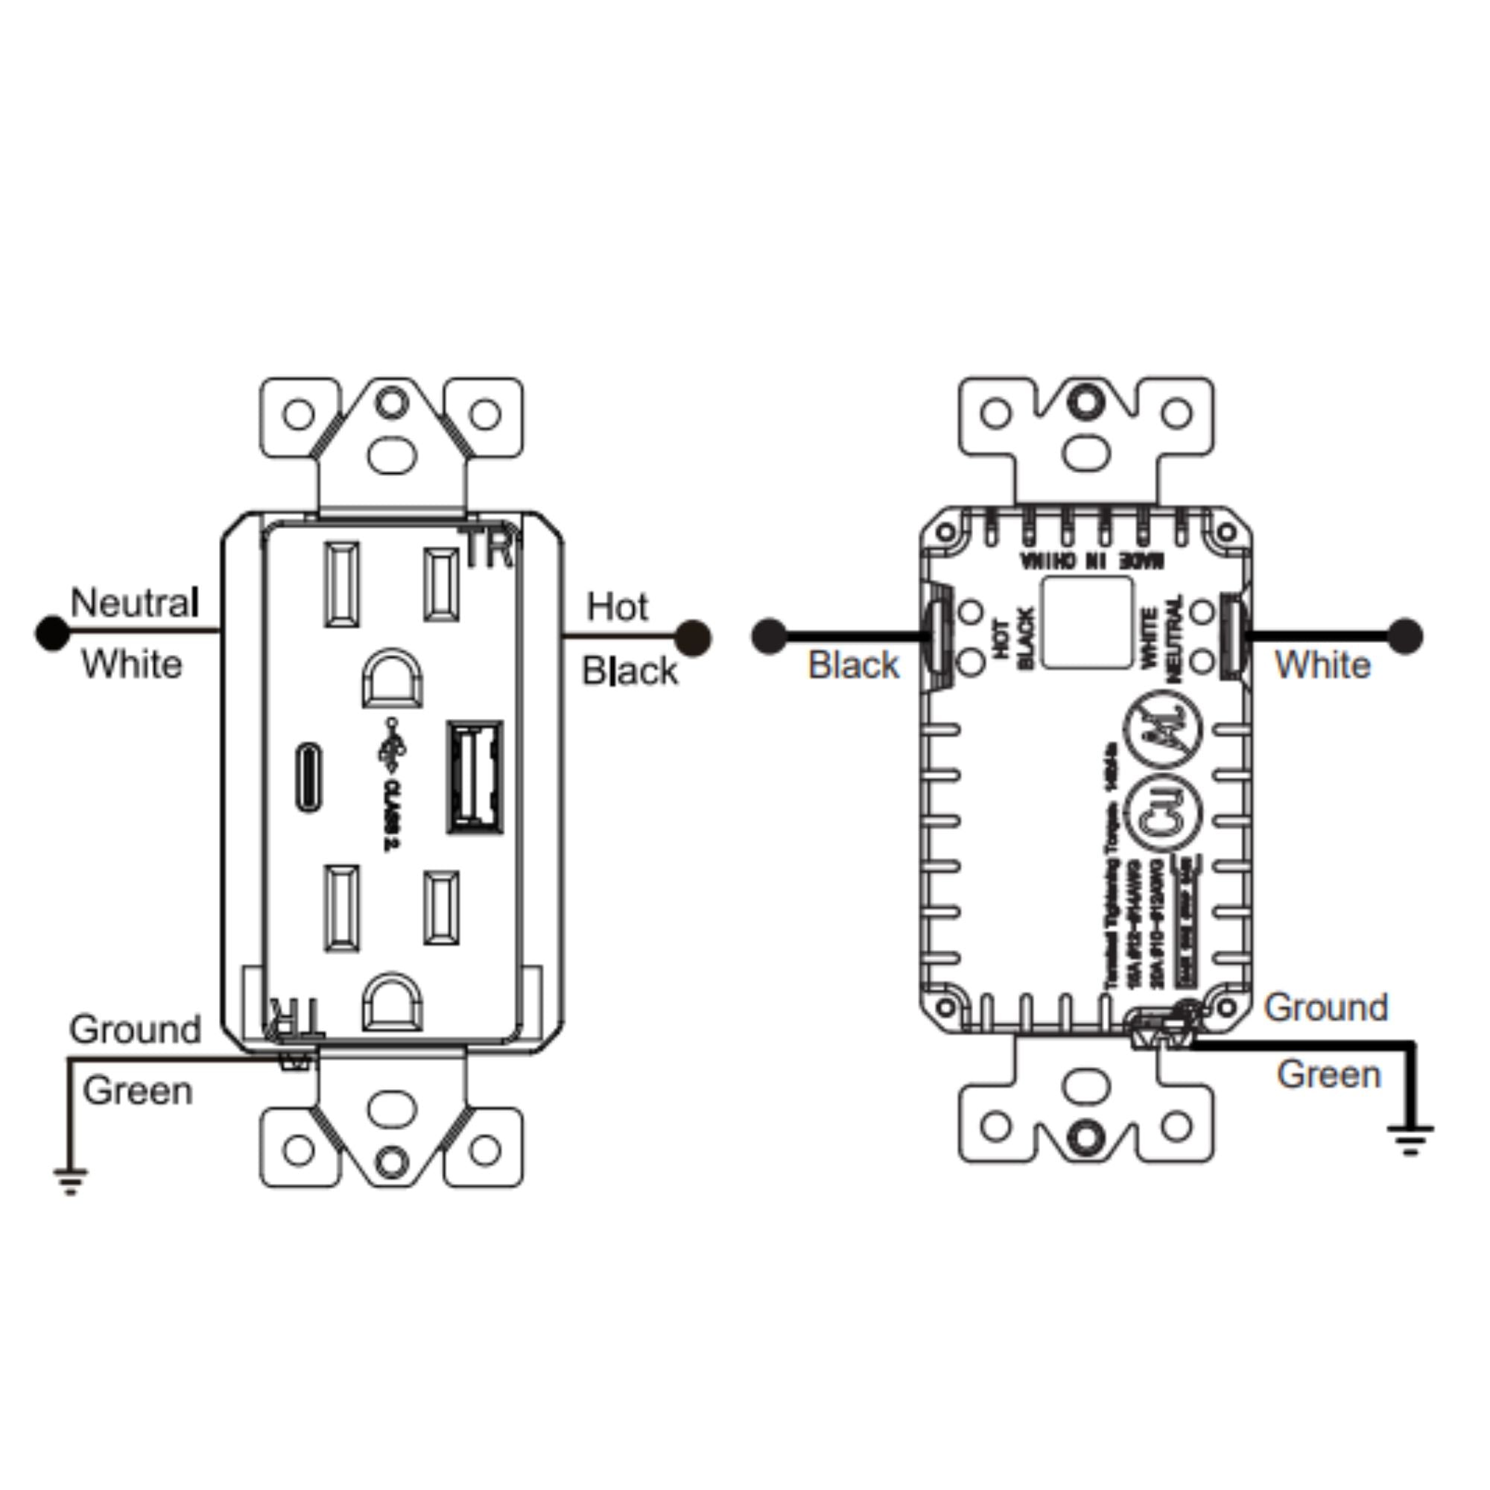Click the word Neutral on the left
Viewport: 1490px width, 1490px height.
(135, 602)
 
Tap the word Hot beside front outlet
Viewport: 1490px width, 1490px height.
(617, 607)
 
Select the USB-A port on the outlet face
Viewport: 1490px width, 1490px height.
(475, 777)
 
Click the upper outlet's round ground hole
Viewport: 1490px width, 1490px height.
(392, 678)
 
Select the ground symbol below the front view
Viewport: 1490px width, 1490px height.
(70, 1181)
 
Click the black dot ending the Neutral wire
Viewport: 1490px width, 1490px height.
(52, 633)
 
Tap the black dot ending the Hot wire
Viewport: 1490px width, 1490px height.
(693, 638)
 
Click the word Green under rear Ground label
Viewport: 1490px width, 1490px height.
(1328, 1074)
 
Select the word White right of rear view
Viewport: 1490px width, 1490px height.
(1322, 665)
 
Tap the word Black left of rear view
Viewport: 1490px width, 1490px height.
(853, 665)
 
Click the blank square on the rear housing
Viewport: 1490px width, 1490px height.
(1088, 621)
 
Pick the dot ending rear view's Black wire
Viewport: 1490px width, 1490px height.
(768, 636)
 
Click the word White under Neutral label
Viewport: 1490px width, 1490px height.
(132, 664)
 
